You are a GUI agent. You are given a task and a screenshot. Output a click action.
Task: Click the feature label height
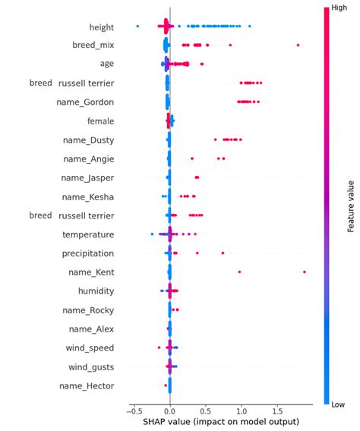(101, 27)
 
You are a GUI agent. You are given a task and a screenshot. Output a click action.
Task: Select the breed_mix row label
(93, 46)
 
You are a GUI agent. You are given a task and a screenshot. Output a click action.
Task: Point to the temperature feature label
(88, 234)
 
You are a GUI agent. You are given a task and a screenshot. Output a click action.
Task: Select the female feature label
(100, 121)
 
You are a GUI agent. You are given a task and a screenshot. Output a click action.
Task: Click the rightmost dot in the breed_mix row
(298, 46)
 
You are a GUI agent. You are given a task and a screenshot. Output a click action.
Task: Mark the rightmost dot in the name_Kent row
(304, 272)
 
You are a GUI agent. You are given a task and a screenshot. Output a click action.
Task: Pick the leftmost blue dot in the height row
(137, 27)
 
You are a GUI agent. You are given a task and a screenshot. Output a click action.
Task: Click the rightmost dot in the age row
(201, 64)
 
